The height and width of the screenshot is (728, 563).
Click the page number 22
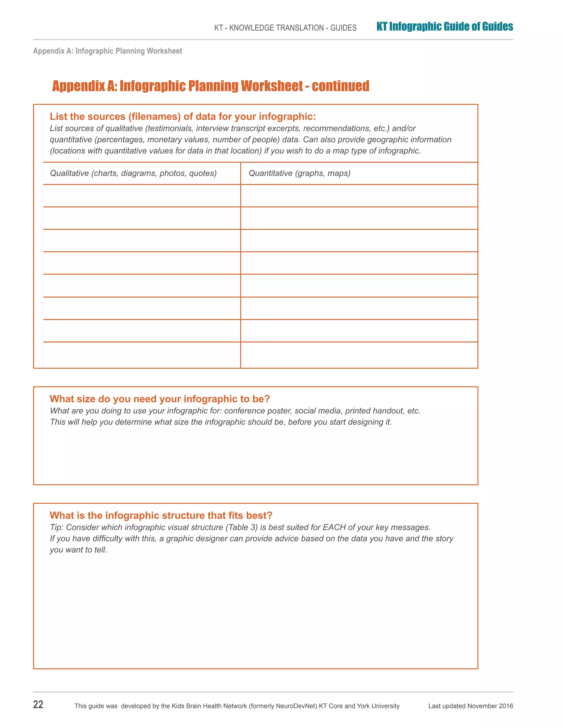pos(38,704)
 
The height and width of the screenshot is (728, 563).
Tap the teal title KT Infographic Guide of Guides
pos(444,27)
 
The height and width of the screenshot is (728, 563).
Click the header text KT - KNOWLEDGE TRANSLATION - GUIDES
pos(285,28)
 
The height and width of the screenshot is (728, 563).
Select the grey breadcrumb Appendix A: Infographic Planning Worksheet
pos(107,51)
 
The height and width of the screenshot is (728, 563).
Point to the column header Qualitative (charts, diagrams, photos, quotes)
pos(133,173)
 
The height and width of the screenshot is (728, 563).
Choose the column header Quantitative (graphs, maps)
pos(299,173)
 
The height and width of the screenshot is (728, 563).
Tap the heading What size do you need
pos(159,399)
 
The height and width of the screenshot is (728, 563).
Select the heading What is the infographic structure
pos(161,515)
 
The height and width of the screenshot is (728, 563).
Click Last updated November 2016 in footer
pos(470,706)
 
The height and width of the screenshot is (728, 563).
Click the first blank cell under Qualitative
pos(141,196)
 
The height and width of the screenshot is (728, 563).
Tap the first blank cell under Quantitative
pos(359,196)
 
